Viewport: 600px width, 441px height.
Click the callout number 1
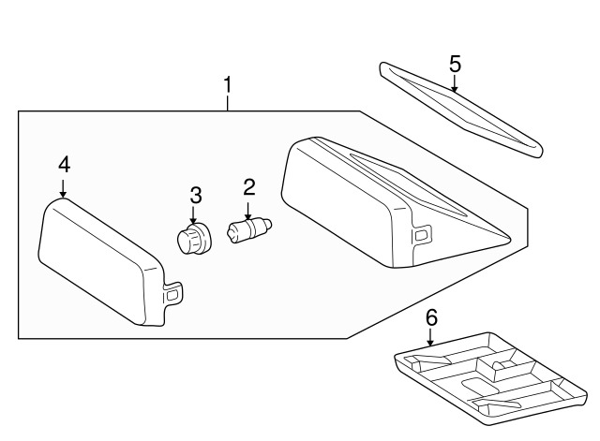(x=226, y=86)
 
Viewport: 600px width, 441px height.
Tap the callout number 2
(x=249, y=186)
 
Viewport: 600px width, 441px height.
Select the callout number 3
(x=195, y=196)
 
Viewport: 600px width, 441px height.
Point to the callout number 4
(x=64, y=165)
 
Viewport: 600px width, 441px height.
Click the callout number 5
(x=455, y=64)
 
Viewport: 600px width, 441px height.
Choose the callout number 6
(x=431, y=317)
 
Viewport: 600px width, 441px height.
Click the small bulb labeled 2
(x=248, y=228)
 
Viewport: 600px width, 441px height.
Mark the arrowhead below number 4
(x=64, y=194)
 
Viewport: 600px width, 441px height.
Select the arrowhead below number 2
(x=248, y=214)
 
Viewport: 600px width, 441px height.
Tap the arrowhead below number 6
(x=430, y=342)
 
